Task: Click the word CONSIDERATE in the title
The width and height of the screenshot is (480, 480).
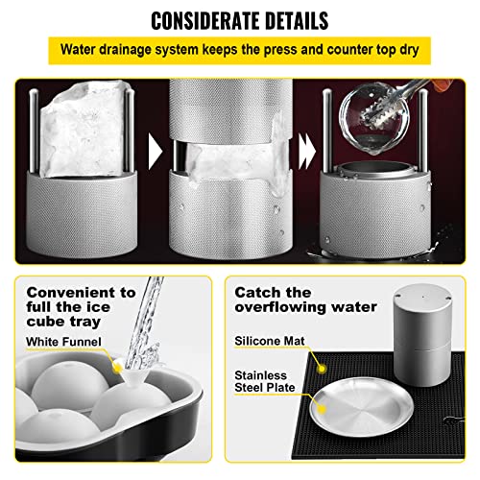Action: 195,18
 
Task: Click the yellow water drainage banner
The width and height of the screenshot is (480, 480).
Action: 239,48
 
